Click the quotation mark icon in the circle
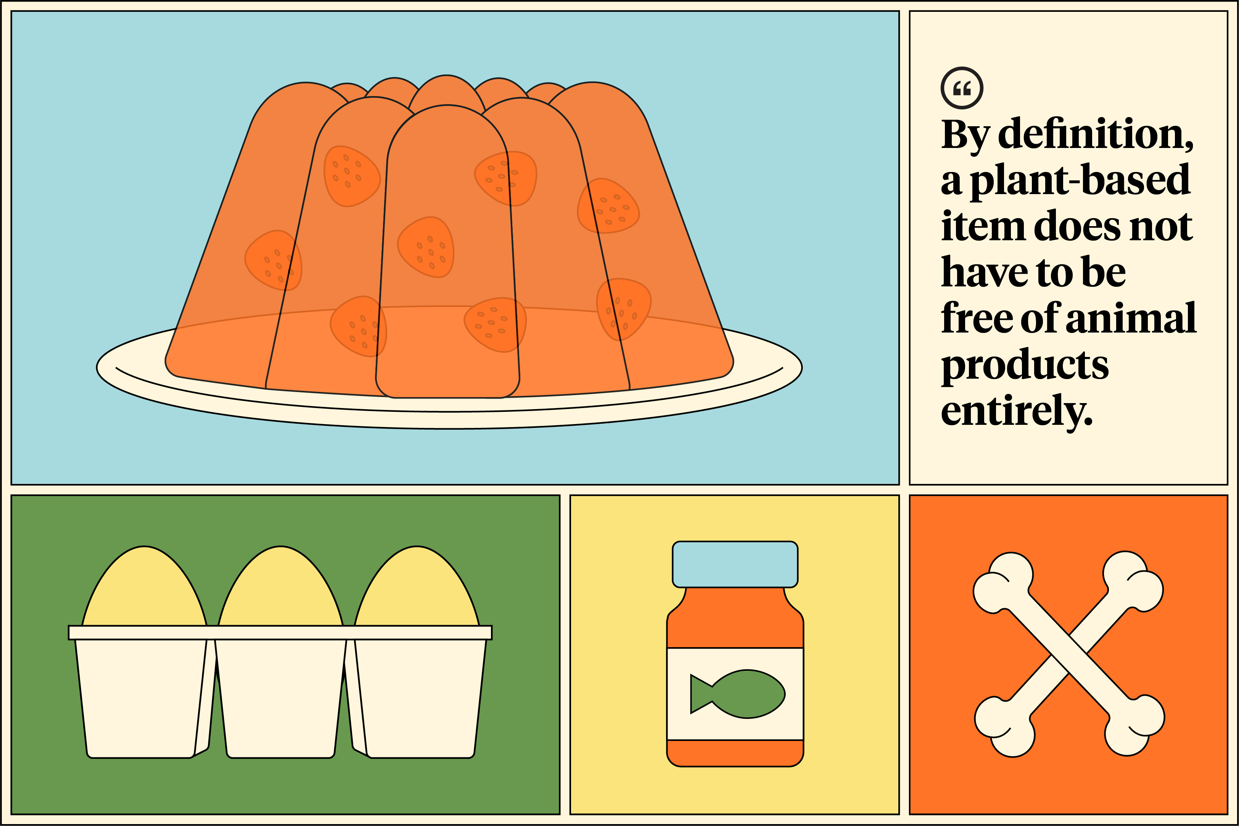click(x=962, y=88)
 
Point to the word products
click(x=1025, y=366)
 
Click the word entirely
click(x=1017, y=411)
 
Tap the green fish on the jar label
click(x=737, y=694)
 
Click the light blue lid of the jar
click(x=735, y=564)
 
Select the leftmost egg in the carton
click(x=144, y=586)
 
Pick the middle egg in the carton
click(x=281, y=586)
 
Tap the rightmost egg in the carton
click(x=417, y=586)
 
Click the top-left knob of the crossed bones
click(x=1001, y=582)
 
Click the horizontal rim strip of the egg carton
click(x=280, y=633)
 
